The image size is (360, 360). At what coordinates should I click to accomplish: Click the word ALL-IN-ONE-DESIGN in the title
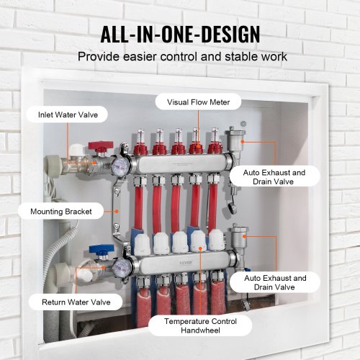[180, 34]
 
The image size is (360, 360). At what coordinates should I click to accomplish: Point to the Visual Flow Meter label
[198, 102]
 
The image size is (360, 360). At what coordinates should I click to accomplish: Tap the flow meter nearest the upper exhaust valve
[214, 141]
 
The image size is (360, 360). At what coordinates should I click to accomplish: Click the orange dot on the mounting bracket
[117, 210]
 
